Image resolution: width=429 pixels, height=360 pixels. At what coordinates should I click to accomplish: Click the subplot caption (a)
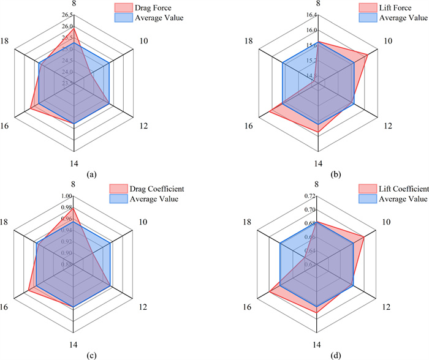[x=92, y=174]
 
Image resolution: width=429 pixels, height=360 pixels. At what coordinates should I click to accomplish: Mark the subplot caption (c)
[x=92, y=353]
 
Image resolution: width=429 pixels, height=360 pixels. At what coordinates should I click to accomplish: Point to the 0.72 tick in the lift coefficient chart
[x=311, y=196]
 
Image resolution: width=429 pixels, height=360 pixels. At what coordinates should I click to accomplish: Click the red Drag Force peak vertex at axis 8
[x=74, y=27]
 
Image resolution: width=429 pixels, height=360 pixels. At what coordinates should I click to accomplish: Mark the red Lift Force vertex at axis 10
[x=367, y=55]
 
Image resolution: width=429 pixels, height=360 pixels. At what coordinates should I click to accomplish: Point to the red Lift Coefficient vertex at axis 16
[x=270, y=294]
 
